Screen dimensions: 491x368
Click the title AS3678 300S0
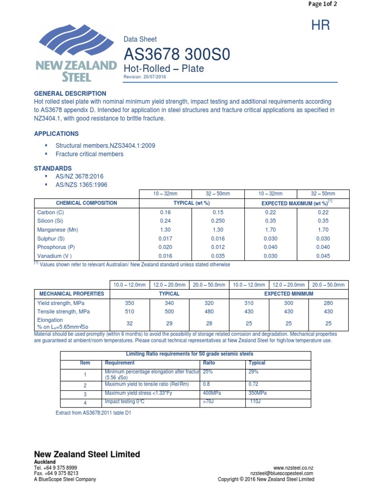[x=177, y=55]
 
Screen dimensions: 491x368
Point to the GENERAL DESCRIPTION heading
[x=70, y=94]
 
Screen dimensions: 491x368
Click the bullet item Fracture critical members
[x=89, y=154]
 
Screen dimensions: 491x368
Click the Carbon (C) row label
[x=50, y=212]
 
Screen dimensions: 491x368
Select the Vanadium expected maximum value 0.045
[x=323, y=256]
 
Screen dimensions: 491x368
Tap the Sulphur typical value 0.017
[x=165, y=238]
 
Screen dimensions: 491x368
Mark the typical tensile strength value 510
[x=130, y=312]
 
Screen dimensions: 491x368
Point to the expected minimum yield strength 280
[x=328, y=303]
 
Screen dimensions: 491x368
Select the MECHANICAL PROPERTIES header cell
[x=71, y=293]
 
